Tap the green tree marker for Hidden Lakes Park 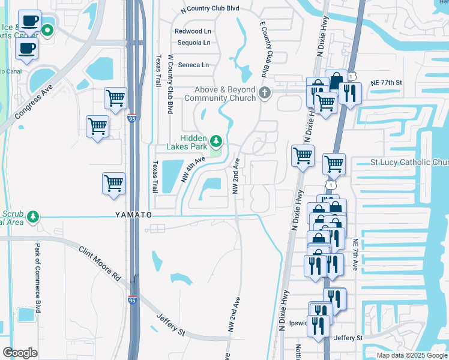click(216, 142)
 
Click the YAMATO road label click(134, 215)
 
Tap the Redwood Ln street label click(193, 31)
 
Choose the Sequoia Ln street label click(194, 43)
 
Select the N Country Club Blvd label click(209, 10)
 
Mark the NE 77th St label click(385, 82)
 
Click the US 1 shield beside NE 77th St click(354, 75)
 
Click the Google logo click(20, 352)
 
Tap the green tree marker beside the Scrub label click(34, 216)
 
